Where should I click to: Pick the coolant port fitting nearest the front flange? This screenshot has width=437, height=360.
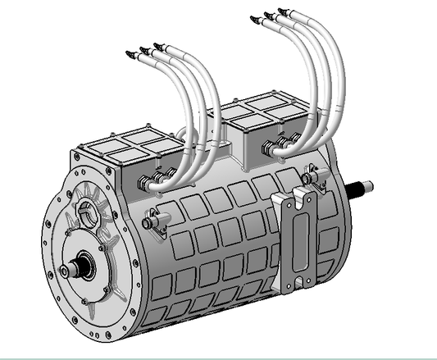[x=154, y=219]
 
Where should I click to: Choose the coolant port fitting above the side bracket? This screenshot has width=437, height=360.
[x=311, y=173]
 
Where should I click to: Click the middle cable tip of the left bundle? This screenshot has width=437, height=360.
[x=143, y=51]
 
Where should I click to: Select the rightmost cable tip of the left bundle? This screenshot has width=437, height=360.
[x=157, y=47]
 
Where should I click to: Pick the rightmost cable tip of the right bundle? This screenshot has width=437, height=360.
[x=281, y=11]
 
